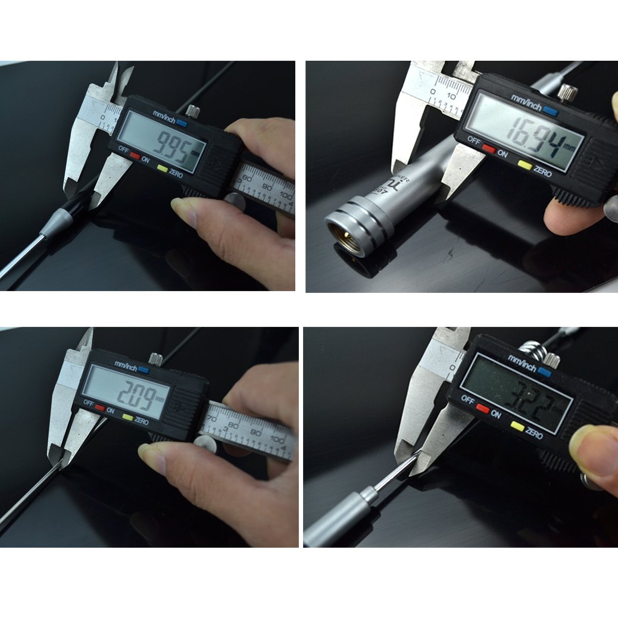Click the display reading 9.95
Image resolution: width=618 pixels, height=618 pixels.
pos(161,143)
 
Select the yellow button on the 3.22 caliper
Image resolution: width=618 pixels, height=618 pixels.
pos(516,426)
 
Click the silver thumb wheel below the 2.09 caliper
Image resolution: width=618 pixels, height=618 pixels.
pos(206,443)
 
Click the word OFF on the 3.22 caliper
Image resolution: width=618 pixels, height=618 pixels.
pos(467,401)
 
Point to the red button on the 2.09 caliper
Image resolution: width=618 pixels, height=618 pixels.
pos(100,409)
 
